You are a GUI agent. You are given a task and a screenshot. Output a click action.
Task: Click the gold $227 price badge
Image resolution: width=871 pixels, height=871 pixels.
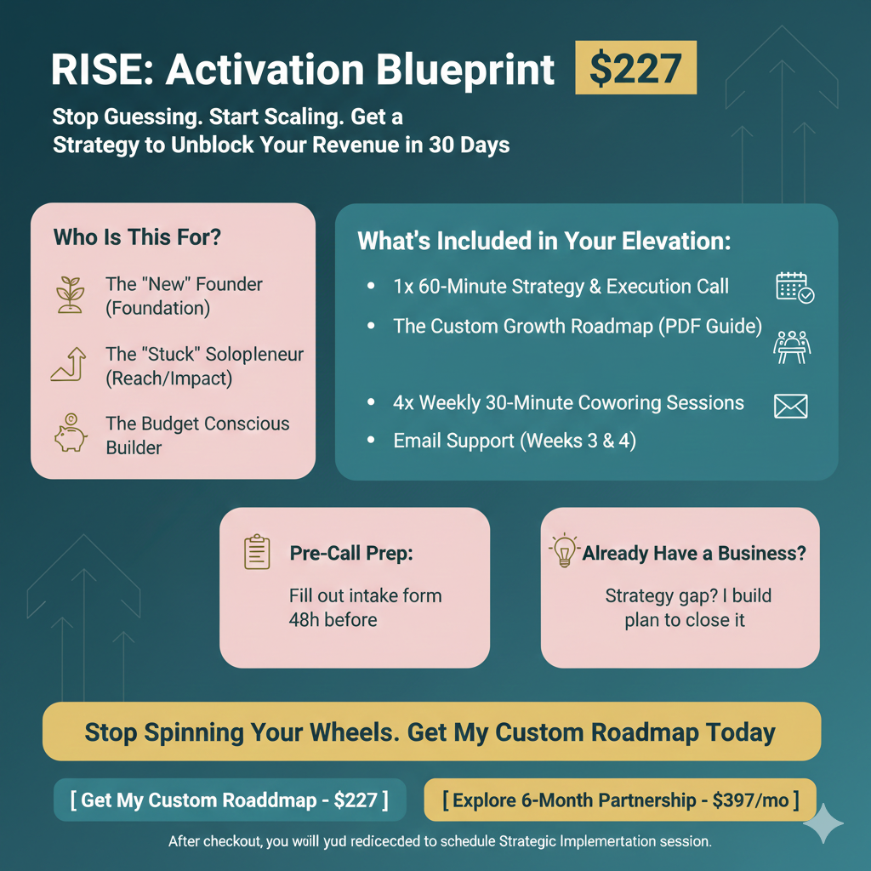(x=635, y=70)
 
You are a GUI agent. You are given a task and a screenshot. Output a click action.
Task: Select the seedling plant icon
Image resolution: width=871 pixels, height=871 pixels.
(x=71, y=293)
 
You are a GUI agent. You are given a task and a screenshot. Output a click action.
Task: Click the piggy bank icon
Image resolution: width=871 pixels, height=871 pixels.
(x=71, y=434)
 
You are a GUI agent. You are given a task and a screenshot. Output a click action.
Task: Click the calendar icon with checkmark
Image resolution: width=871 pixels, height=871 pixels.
(x=794, y=287)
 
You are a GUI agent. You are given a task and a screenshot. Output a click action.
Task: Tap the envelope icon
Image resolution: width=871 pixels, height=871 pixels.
(x=790, y=406)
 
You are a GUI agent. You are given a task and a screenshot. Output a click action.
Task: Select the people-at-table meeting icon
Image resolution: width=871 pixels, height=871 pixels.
(x=792, y=345)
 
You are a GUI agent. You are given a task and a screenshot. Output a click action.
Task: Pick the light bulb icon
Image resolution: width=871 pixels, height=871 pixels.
(x=564, y=551)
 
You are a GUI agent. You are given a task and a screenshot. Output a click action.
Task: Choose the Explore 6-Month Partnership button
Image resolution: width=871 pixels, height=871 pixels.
(x=620, y=800)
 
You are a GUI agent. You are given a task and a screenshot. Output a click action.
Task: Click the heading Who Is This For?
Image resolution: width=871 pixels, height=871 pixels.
(x=137, y=236)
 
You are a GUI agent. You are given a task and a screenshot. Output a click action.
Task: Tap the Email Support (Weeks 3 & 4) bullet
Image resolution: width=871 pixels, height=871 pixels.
(x=514, y=441)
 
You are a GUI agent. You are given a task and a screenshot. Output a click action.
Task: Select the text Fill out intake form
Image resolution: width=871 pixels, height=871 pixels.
(x=365, y=595)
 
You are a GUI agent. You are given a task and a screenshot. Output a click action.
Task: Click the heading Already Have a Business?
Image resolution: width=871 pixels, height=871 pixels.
(x=694, y=553)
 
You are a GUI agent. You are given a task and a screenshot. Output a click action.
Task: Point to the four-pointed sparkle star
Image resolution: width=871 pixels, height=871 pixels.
(x=823, y=823)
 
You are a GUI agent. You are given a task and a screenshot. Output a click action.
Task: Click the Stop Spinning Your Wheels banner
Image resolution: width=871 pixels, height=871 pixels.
(x=431, y=732)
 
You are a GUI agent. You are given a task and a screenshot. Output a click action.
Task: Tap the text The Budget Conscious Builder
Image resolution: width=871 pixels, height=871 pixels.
(x=197, y=435)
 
